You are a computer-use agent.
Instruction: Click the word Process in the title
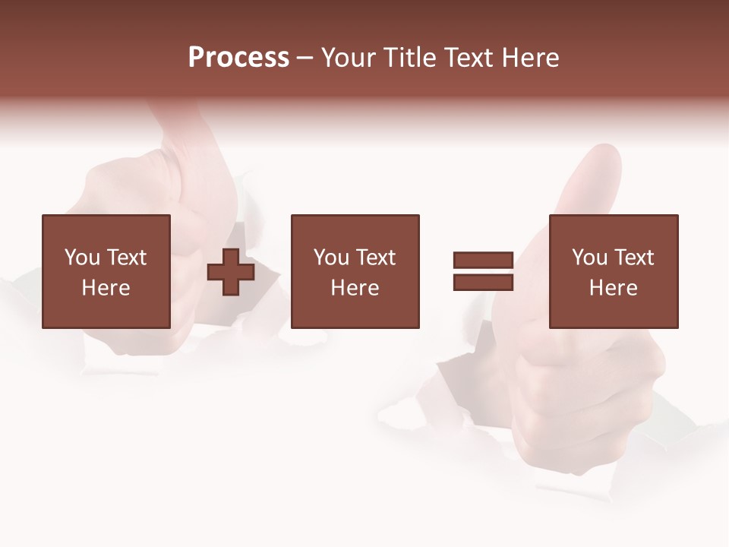238,58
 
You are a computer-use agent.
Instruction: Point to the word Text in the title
469,58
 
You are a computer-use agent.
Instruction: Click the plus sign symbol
231,272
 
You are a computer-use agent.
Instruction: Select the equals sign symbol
483,271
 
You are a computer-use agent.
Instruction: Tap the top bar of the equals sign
483,261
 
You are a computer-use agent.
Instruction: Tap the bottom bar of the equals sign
483,282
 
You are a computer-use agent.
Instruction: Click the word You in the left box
82,258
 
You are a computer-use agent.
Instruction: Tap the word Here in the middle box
355,288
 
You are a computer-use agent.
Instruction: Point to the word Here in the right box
614,288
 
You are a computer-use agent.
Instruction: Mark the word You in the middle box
331,258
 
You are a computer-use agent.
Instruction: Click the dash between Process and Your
305,58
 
